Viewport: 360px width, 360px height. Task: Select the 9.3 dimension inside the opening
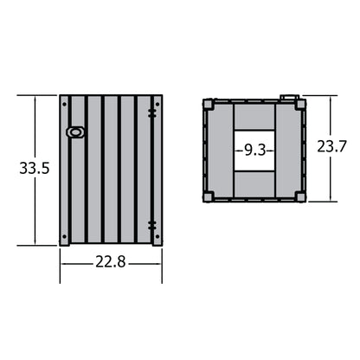[254, 150]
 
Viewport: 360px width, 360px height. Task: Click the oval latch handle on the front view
[75, 132]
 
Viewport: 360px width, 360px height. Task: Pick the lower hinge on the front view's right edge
[152, 225]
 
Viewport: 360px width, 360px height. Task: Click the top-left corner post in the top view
[209, 104]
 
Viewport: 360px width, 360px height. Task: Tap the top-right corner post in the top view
[299, 104]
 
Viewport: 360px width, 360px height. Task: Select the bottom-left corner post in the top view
[209, 196]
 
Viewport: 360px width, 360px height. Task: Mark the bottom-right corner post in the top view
[299, 196]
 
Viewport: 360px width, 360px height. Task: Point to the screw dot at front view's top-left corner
[64, 100]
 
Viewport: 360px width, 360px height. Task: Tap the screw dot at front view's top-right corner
[157, 100]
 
